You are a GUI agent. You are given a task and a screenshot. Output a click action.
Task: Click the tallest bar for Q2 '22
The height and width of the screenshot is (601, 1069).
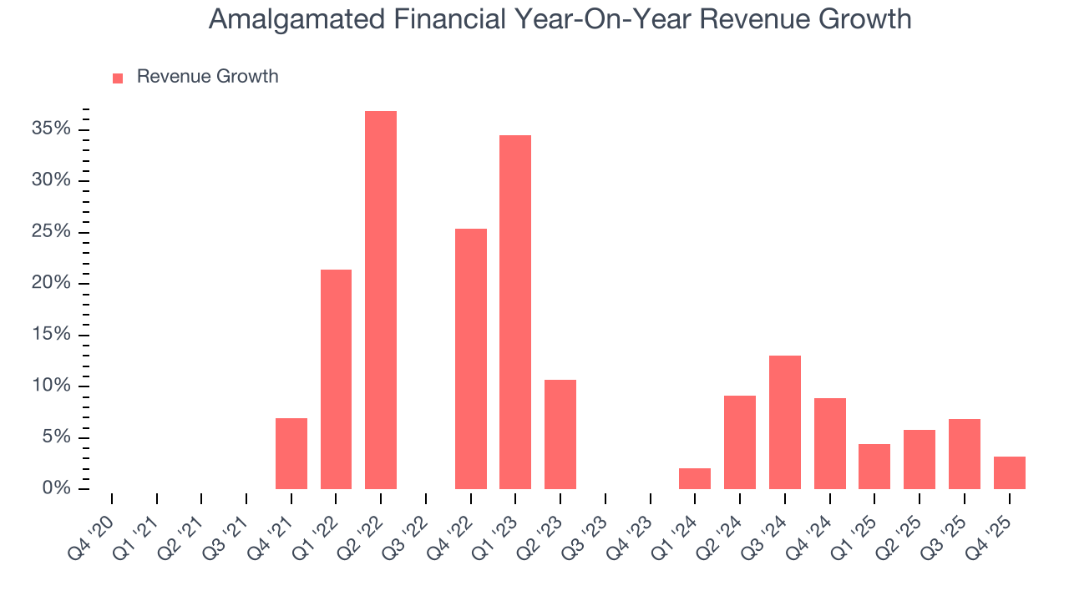coord(381,300)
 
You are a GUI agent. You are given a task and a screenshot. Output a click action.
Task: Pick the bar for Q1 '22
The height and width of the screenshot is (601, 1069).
coord(336,379)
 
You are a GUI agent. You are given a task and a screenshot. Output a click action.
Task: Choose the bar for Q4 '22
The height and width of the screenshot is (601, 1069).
coord(471,358)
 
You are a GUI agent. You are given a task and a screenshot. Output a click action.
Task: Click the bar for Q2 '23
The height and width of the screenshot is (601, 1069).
coord(560,434)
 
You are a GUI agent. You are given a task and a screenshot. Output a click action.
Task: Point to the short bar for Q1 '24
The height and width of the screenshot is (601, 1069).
coord(695,478)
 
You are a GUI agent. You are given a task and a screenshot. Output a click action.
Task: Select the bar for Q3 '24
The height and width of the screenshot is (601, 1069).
coord(785,422)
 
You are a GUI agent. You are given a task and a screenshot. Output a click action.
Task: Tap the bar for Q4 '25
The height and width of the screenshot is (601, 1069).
coord(1009,472)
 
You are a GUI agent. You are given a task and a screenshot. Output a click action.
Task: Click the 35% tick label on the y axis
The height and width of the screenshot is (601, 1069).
coord(50,129)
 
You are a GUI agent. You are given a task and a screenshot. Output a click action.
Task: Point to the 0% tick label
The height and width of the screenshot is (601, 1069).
coord(55,488)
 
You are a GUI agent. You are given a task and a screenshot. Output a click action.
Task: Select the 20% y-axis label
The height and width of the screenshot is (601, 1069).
coord(50,283)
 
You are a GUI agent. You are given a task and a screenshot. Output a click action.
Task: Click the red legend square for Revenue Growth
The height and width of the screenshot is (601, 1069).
coord(118,78)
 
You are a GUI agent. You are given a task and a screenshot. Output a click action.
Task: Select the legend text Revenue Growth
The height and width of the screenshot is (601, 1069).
coord(207,77)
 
